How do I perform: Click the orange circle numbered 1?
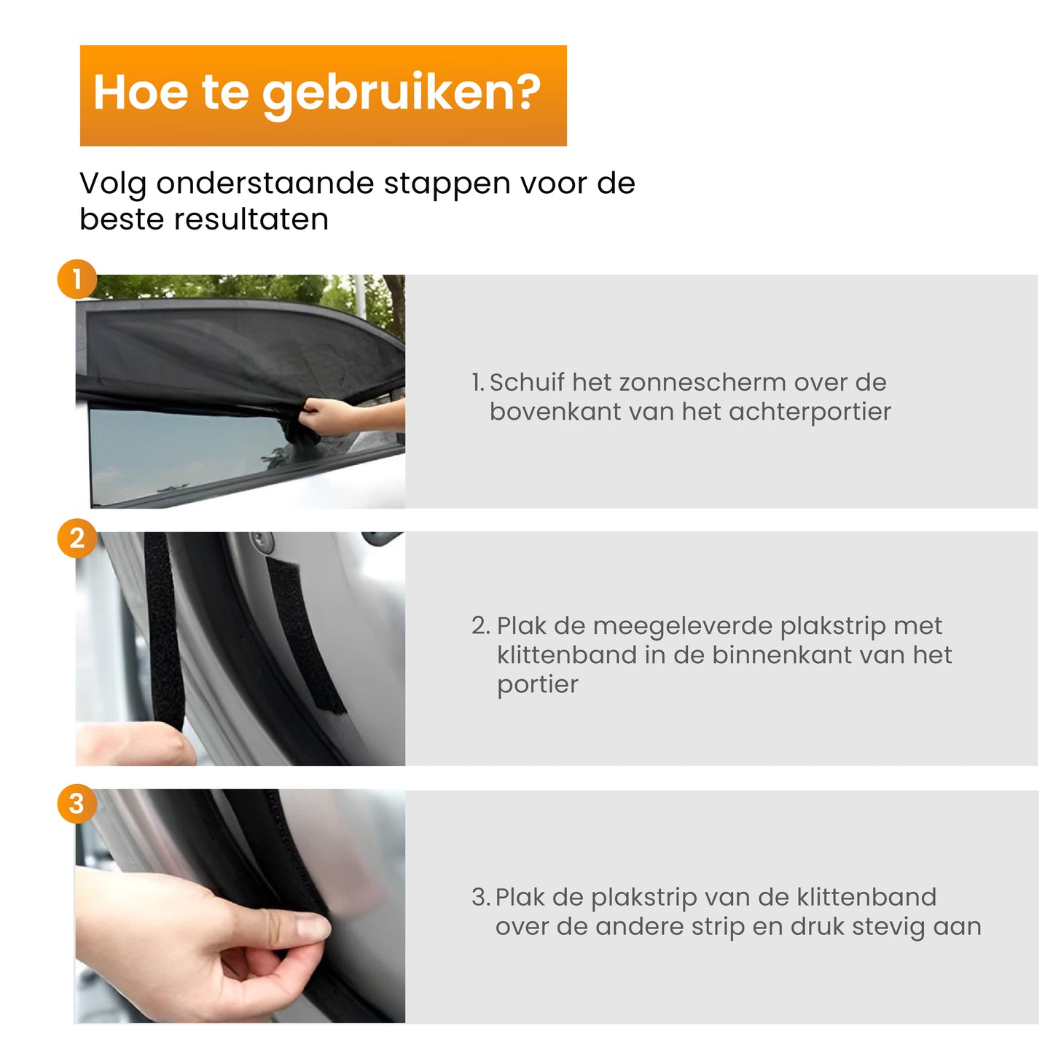pos(77,278)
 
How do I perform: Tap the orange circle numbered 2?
pos(77,539)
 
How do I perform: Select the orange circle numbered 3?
pos(77,804)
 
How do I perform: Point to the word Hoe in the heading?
pos(141,92)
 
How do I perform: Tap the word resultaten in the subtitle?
pos(251,219)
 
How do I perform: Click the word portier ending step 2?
pos(537,685)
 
